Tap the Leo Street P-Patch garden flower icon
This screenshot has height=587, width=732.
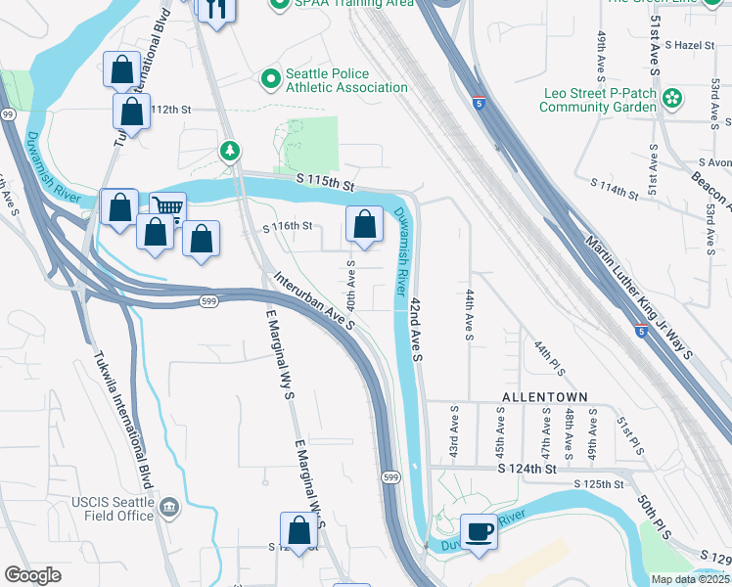[672, 98]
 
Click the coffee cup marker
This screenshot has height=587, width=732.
[479, 531]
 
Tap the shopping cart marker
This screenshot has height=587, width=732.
[168, 207]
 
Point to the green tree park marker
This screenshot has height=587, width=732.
[230, 152]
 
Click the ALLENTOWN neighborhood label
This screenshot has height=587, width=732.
[544, 396]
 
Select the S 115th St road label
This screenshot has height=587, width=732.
[324, 183]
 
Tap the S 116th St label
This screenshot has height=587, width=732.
[288, 226]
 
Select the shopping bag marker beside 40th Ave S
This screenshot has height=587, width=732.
[364, 224]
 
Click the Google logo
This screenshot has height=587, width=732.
[32, 575]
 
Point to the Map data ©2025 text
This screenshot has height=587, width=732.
[690, 579]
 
